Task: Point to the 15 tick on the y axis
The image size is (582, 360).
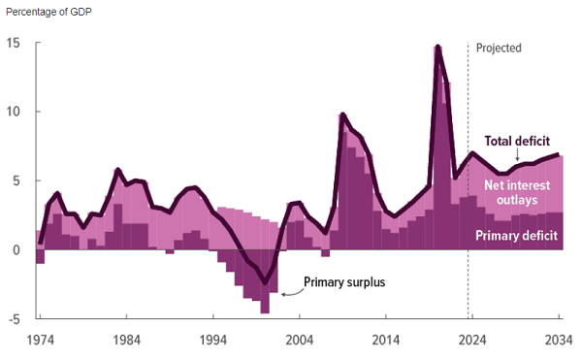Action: pyautogui.click(x=15, y=43)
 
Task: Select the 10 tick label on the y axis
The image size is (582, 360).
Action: pyautogui.click(x=15, y=112)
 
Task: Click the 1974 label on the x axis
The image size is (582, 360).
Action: pyautogui.click(x=40, y=342)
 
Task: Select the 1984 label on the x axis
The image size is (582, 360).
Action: pyautogui.click(x=126, y=342)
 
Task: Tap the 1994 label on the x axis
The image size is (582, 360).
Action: pyautogui.click(x=212, y=342)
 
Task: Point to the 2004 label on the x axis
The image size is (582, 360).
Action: pyautogui.click(x=299, y=342)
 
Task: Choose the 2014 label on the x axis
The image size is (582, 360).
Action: pyautogui.click(x=385, y=342)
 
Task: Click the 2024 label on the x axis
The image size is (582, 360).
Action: pyautogui.click(x=471, y=342)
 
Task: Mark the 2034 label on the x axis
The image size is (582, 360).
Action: pyautogui.click(x=557, y=342)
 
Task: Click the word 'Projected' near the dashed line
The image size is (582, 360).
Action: pyautogui.click(x=499, y=48)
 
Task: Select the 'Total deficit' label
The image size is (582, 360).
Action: pyautogui.click(x=524, y=142)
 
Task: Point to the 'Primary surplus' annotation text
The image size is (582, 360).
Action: pyautogui.click(x=344, y=283)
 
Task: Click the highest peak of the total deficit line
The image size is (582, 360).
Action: pyautogui.click(x=437, y=47)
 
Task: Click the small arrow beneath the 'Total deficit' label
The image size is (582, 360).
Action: pyautogui.click(x=517, y=155)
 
